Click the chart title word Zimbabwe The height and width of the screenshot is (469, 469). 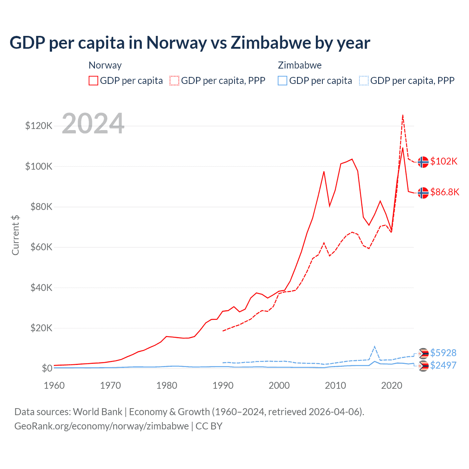[271, 43]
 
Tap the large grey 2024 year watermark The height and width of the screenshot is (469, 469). [93, 124]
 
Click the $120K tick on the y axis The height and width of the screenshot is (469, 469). [39, 126]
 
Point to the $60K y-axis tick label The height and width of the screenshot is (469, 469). [41, 247]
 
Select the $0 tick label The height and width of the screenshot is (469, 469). [47, 368]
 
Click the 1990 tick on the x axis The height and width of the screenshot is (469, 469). [223, 385]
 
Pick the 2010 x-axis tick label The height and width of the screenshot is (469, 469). [335, 385]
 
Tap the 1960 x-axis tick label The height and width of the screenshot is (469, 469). [54, 385]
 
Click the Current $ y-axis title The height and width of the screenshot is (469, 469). [15, 235]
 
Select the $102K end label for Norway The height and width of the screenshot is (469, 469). [444, 161]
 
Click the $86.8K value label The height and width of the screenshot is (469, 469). [444, 192]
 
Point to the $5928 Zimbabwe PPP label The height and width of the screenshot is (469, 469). [443, 353]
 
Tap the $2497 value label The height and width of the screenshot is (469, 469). [443, 365]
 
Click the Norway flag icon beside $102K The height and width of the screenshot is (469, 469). [423, 162]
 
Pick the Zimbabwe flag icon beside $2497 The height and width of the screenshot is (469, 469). [424, 366]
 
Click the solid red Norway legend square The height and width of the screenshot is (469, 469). [93, 81]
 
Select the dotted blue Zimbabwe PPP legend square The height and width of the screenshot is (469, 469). [364, 81]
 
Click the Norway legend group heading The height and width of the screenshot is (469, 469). [105, 65]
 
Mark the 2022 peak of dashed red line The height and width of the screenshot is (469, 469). [403, 115]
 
